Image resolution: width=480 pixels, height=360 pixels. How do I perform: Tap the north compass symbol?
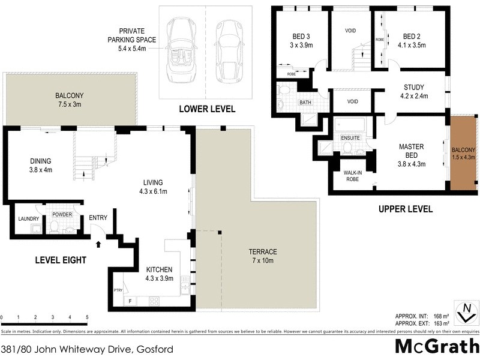click(x=466, y=312)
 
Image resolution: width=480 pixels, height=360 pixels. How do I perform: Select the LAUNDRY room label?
click(x=28, y=219)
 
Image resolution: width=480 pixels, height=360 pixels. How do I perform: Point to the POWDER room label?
click(x=62, y=214)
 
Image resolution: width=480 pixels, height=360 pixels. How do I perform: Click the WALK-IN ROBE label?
click(x=351, y=176)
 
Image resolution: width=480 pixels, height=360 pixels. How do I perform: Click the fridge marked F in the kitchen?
click(x=130, y=301)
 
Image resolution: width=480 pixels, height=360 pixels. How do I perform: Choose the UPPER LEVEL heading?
click(x=405, y=209)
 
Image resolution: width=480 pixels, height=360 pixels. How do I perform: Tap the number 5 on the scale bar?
click(x=87, y=317)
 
